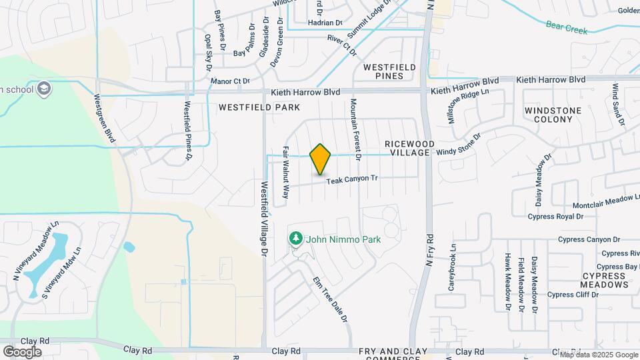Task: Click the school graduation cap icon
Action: [x=43, y=89]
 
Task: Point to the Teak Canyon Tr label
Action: [x=352, y=179]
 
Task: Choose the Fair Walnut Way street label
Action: [x=285, y=173]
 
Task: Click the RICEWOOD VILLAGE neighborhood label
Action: [x=409, y=148]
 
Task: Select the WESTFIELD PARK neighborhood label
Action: [x=259, y=107]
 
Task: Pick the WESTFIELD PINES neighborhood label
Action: [x=390, y=71]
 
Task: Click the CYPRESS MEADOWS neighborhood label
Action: [x=604, y=280]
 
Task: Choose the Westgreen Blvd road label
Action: [x=106, y=117]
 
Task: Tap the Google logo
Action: [x=22, y=351]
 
